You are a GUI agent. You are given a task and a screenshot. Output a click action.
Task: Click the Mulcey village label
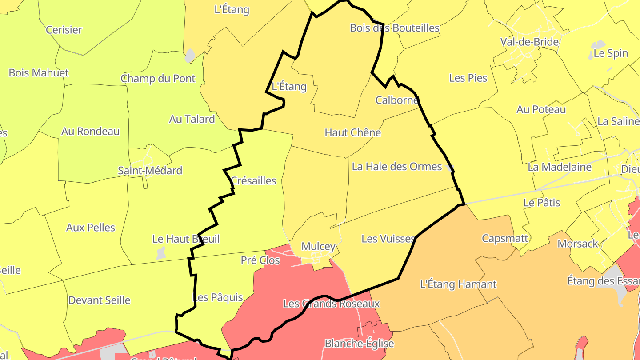tap(318, 246)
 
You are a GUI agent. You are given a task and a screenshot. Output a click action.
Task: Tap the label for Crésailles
tap(254, 181)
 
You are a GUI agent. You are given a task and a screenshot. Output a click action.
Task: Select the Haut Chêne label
tap(353, 132)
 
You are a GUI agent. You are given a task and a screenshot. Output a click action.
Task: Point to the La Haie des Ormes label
tap(397, 167)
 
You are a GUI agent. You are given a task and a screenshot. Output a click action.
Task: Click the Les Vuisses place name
tap(388, 239)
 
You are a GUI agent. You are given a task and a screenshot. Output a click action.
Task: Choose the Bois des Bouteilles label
tap(395, 28)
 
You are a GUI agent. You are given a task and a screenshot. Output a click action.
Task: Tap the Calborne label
tap(397, 100)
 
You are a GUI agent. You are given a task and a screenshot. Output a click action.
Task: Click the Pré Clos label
tap(260, 260)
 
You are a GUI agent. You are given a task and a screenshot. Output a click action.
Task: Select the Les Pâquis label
tap(218, 297)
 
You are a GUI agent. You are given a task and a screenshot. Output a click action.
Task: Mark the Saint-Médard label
tap(150, 171)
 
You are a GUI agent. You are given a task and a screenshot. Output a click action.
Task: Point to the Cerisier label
tap(64, 30)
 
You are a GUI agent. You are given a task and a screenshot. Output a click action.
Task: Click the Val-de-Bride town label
tap(529, 42)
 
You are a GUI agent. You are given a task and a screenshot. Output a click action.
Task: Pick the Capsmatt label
tap(505, 239)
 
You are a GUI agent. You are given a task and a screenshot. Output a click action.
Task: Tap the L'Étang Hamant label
tap(458, 284)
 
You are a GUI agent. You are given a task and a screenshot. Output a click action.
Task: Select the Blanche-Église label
tap(360, 344)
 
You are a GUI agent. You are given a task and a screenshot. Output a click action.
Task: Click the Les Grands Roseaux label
tap(332, 304)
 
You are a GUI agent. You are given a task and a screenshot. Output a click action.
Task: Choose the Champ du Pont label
tap(158, 79)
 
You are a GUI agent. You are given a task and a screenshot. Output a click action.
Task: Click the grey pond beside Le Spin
tap(598, 45)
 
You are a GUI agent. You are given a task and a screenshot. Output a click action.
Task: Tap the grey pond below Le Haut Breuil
tap(161, 253)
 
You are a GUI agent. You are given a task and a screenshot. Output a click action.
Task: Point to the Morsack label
tap(578, 244)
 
